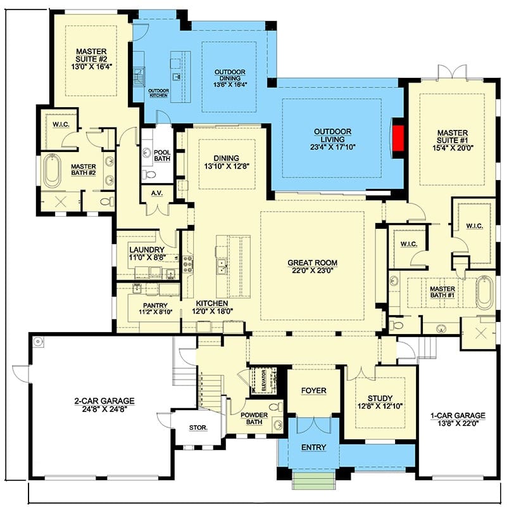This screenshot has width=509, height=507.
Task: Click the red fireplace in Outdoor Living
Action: click(398, 138)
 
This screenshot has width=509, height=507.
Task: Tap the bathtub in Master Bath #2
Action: click(52, 171)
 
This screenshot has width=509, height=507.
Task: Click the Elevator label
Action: click(263, 380)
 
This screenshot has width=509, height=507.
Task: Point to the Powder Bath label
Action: click(254, 418)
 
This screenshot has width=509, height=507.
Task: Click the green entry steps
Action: click(313, 480)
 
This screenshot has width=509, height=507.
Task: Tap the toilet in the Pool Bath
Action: click(149, 174)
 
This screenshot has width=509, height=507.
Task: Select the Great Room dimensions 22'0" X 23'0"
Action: click(313, 271)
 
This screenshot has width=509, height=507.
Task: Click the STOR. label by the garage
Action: click(198, 428)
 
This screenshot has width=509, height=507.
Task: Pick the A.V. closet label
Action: click(157, 193)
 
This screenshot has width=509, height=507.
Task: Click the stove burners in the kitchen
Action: click(188, 264)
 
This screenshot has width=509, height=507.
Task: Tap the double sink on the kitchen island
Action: click(222, 267)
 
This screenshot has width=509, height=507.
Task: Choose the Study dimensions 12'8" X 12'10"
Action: click(380, 406)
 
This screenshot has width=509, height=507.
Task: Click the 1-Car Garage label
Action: click(458, 415)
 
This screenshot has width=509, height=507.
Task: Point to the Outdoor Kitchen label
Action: click(158, 93)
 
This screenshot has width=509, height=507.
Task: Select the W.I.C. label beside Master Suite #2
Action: click(61, 124)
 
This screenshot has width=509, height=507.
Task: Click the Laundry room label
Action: click(147, 250)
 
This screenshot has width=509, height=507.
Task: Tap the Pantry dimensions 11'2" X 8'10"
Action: click(156, 312)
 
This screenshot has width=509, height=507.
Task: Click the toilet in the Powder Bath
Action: click(277, 406)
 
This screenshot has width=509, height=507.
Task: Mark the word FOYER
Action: click(313, 390)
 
